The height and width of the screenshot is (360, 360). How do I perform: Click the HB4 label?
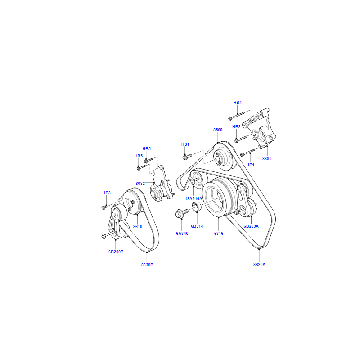tap(238, 103)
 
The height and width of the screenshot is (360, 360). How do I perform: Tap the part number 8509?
tap(218, 130)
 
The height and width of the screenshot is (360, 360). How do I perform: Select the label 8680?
tap(267, 159)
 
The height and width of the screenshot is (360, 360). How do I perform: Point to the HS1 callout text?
tap(185, 144)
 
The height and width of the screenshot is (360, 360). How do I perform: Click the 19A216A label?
tap(193, 199)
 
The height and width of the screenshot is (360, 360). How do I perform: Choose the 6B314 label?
tap(197, 226)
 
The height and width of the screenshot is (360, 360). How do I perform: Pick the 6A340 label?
tap(182, 234)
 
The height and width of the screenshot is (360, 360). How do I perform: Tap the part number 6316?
tap(219, 234)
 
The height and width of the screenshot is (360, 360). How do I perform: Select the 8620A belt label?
tap(259, 265)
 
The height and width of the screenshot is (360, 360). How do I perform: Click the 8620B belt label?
tap(147, 265)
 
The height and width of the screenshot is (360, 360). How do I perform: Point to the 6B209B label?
tap(116, 252)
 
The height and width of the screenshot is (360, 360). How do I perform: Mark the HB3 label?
tap(106, 193)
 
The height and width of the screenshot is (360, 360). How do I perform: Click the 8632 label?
tap(140, 184)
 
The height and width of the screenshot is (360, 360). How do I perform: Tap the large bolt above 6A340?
tap(181, 213)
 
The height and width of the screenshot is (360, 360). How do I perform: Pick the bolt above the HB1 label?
tap(247, 152)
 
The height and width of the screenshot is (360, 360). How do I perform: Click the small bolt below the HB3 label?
tap(104, 207)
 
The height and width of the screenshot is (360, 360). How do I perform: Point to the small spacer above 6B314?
tap(197, 206)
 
